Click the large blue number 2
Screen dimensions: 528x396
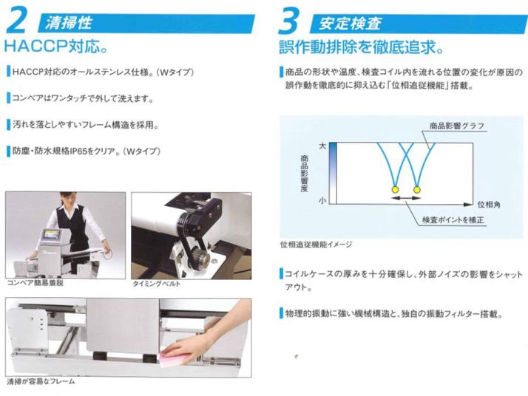coord(17,20)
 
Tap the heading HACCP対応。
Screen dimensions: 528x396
coord(56,46)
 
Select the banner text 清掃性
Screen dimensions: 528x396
coord(69,23)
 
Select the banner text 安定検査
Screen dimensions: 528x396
coord(351,24)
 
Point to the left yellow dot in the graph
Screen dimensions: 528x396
coord(395,190)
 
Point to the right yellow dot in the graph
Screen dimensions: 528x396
coord(417,190)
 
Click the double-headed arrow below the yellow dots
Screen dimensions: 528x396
coord(406,198)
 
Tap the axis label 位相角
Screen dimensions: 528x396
coord(489,204)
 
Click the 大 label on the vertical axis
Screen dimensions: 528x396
coord(322,146)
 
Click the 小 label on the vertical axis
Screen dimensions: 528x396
coord(322,200)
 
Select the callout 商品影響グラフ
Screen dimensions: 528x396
coord(457,126)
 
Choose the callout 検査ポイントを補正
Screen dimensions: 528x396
coord(453,220)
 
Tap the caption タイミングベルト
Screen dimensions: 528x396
coord(157,284)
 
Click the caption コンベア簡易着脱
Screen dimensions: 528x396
coord(35,283)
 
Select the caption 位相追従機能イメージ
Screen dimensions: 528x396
coord(316,245)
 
